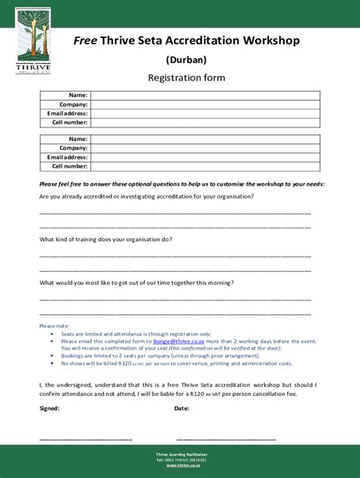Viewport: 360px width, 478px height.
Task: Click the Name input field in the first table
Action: pyautogui.click(x=205, y=96)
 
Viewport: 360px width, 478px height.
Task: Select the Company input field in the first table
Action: pyautogui.click(x=205, y=105)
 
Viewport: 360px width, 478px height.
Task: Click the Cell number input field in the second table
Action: pyautogui.click(x=205, y=166)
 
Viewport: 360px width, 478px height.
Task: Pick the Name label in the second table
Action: pyautogui.click(x=77, y=140)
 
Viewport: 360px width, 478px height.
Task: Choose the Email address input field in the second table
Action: pyautogui.click(x=205, y=157)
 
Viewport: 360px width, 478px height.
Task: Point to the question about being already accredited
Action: pyautogui.click(x=147, y=197)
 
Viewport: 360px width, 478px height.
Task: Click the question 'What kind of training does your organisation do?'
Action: pyautogui.click(x=106, y=240)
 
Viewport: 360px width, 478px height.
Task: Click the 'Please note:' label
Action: pyautogui.click(x=54, y=325)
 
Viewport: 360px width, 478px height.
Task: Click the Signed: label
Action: pyautogui.click(x=49, y=408)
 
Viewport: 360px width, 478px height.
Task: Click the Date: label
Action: pyautogui.click(x=182, y=408)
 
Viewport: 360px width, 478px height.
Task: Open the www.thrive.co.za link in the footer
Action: pyautogui.click(x=181, y=465)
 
